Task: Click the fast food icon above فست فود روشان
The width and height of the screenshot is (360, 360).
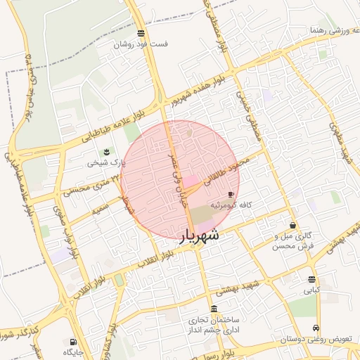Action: point(141,33)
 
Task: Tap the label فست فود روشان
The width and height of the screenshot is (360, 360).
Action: point(142,44)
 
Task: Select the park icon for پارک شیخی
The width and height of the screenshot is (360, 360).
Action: point(107,152)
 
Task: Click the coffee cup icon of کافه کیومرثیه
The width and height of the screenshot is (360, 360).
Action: point(231,195)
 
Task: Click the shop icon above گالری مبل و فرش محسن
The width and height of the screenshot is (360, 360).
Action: point(292,226)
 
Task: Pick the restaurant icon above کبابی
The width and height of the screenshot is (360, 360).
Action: point(311,279)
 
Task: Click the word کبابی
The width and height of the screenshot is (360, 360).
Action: point(311,289)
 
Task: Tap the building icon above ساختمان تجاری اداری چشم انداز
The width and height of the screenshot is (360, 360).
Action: point(214,309)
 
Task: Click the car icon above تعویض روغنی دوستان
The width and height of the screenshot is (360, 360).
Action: point(316,328)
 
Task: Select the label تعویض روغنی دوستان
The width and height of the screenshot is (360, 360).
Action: point(316,339)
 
